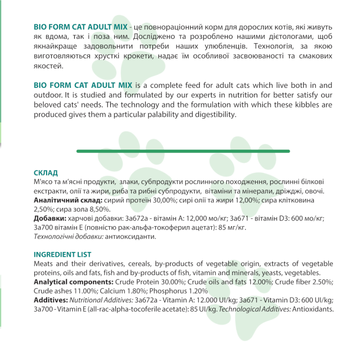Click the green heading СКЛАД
[46, 172]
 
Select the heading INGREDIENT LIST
[62, 254]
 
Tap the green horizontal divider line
[183, 151]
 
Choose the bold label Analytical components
[73, 282]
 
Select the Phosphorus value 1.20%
[195, 291]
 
